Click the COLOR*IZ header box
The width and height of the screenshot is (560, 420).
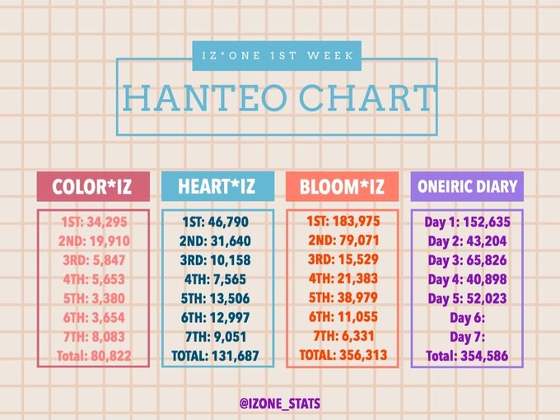[93, 186]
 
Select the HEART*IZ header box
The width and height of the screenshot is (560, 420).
[218, 186]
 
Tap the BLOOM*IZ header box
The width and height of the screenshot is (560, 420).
[342, 186]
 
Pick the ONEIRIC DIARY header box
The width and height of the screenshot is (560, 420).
[467, 186]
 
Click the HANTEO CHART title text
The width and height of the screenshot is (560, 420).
[278, 98]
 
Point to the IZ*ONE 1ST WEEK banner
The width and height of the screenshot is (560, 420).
[277, 56]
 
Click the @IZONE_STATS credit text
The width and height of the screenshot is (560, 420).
[280, 404]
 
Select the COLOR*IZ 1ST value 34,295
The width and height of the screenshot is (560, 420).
[107, 222]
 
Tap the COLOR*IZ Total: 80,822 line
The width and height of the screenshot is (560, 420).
[94, 356]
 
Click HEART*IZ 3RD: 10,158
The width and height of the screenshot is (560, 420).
[216, 260]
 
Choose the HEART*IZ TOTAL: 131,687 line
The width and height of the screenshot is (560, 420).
[216, 356]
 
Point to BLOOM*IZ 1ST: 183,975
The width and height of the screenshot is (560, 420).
[343, 222]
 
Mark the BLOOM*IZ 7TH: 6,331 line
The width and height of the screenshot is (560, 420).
[343, 336]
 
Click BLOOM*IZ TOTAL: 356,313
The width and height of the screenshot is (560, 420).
[343, 355]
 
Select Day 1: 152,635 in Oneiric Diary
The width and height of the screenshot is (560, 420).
[468, 222]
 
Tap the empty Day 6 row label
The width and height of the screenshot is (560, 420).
[468, 318]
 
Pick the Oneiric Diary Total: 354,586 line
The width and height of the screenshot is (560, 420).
[467, 356]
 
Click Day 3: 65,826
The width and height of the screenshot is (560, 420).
[468, 260]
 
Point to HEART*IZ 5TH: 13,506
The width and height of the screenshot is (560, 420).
[216, 298]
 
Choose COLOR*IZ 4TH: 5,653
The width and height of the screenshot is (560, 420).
[94, 279]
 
